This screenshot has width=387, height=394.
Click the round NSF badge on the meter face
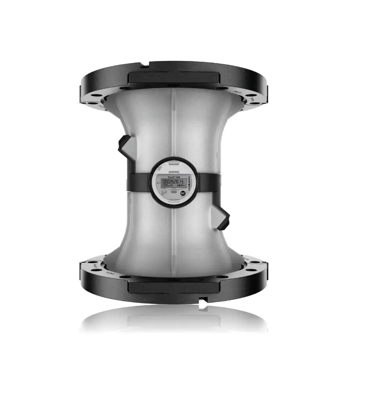click(x=183, y=193)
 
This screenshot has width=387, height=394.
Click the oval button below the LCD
click(x=172, y=193)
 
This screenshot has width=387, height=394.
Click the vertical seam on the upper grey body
click(x=173, y=125)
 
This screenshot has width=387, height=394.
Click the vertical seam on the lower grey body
click(x=173, y=238)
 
